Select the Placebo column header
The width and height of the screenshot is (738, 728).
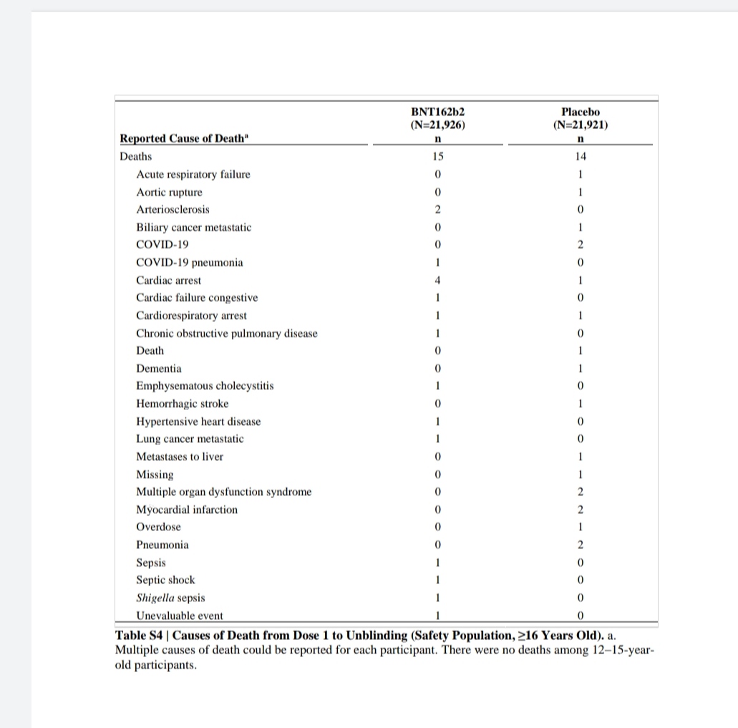581,112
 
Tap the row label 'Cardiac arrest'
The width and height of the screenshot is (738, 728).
169,280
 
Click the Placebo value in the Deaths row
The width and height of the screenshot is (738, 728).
581,156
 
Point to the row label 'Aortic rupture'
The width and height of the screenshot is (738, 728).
170,192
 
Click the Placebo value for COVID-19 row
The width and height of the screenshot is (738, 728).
581,244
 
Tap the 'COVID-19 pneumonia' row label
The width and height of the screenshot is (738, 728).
190,262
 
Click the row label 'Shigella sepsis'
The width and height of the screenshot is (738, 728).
170,598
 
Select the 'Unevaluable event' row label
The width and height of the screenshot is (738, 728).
180,616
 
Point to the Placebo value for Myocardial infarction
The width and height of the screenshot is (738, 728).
581,509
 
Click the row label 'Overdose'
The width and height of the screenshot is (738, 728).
159,527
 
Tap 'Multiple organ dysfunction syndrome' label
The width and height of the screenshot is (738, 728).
224,492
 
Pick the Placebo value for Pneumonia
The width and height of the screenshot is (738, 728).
581,545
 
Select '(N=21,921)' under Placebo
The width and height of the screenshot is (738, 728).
581,125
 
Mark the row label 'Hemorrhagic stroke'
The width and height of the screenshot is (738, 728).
183,403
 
